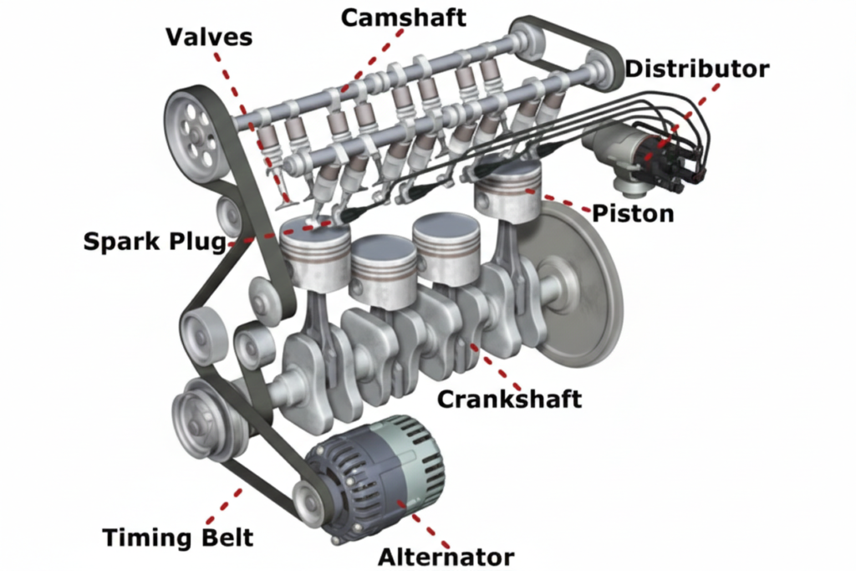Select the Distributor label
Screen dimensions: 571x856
click(696, 69)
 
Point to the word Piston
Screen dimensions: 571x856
click(633, 213)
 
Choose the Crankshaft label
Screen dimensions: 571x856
click(509, 399)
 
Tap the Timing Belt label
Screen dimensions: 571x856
click(177, 537)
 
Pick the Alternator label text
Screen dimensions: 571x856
click(446, 556)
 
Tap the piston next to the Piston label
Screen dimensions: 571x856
click(507, 192)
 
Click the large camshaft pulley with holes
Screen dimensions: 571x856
click(196, 134)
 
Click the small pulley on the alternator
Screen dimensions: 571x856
click(310, 502)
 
